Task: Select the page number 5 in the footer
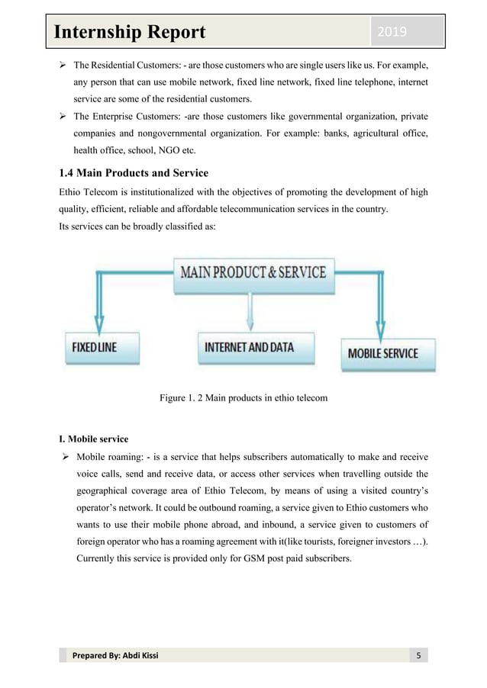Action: tap(418, 657)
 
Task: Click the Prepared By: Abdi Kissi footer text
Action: tap(115, 657)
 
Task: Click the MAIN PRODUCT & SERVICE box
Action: tap(252, 272)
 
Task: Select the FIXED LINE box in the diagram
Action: tap(95, 346)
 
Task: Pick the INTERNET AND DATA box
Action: tap(249, 347)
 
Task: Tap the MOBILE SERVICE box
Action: tap(383, 353)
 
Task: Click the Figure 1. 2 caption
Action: tap(243, 397)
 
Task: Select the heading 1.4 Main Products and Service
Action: tap(134, 172)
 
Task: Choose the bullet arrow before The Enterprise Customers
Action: tap(64, 117)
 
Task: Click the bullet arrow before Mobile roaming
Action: tap(64, 459)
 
